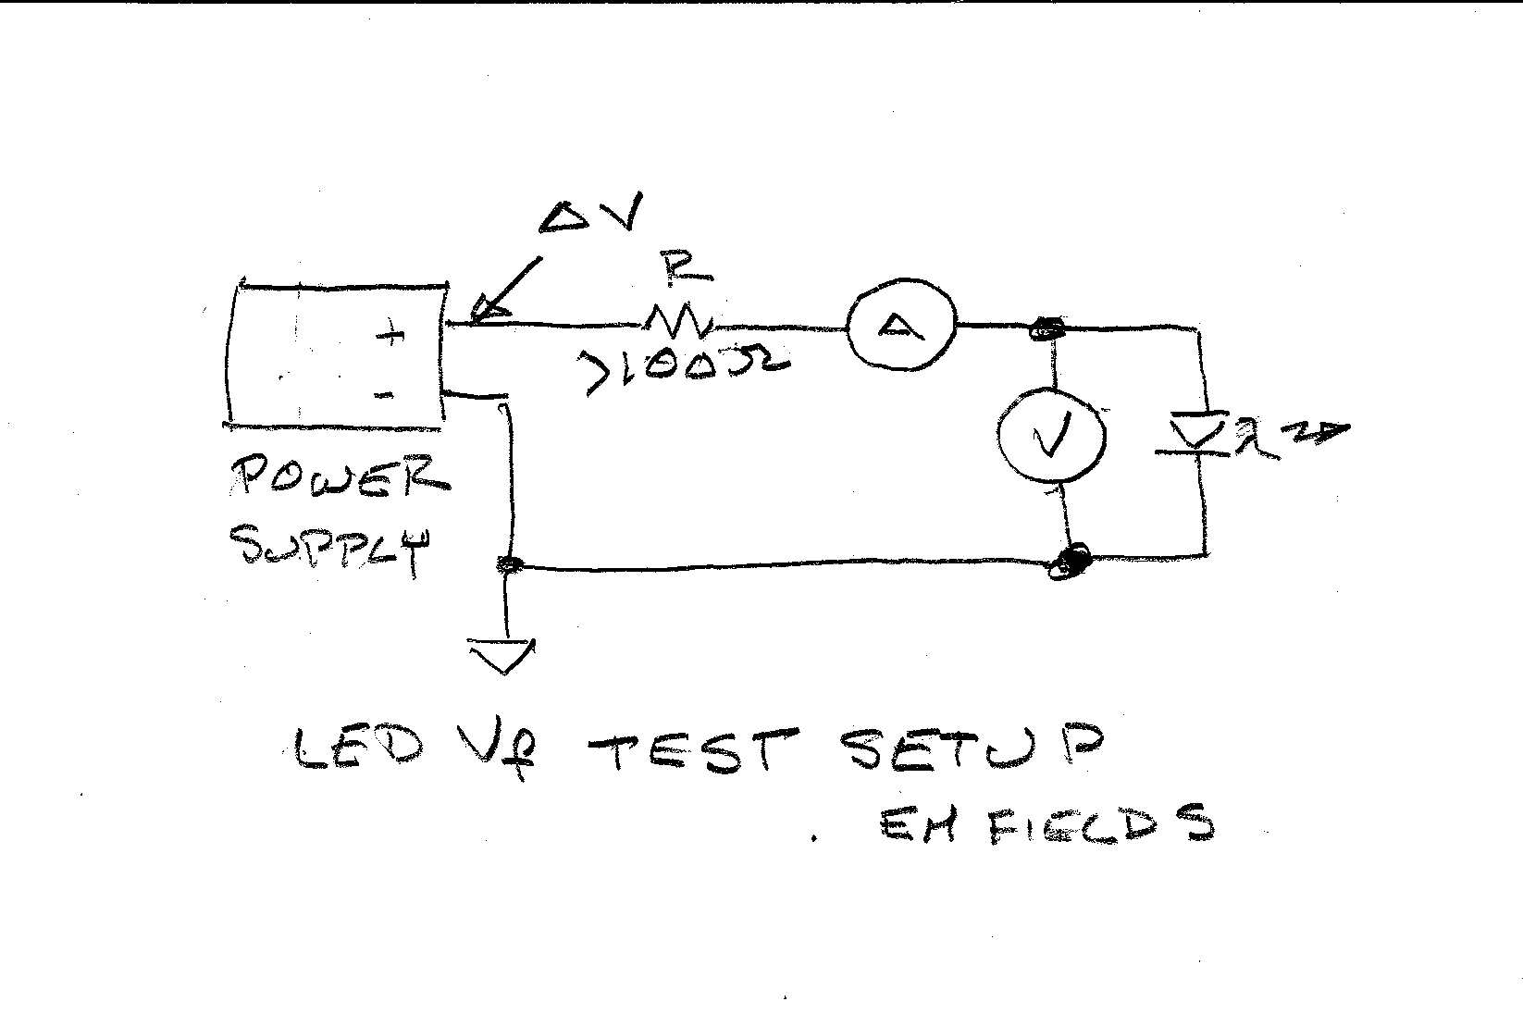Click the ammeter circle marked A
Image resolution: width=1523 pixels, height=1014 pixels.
click(x=900, y=325)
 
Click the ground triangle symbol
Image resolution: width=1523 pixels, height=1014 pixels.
click(x=503, y=654)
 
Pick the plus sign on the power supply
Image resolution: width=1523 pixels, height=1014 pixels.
click(x=393, y=335)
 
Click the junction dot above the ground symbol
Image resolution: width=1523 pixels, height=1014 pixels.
click(x=507, y=563)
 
